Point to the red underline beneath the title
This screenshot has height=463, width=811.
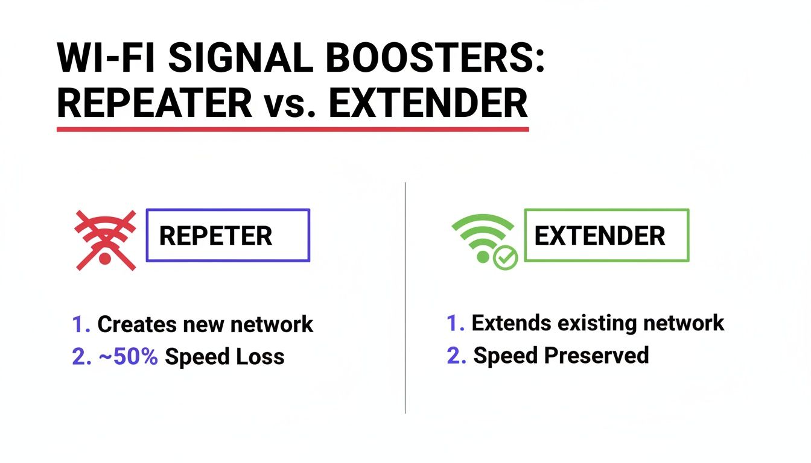click(x=293, y=129)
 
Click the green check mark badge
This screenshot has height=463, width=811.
click(x=505, y=259)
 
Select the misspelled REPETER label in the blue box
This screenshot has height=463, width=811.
click(x=215, y=236)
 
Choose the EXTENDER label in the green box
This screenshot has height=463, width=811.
click(x=600, y=236)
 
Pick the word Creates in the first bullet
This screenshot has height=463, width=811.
click(x=138, y=324)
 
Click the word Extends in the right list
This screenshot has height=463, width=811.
click(x=510, y=323)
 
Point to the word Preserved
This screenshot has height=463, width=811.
click(x=596, y=355)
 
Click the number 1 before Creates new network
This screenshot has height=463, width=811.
click(x=77, y=324)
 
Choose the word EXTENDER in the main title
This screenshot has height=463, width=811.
click(x=428, y=103)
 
